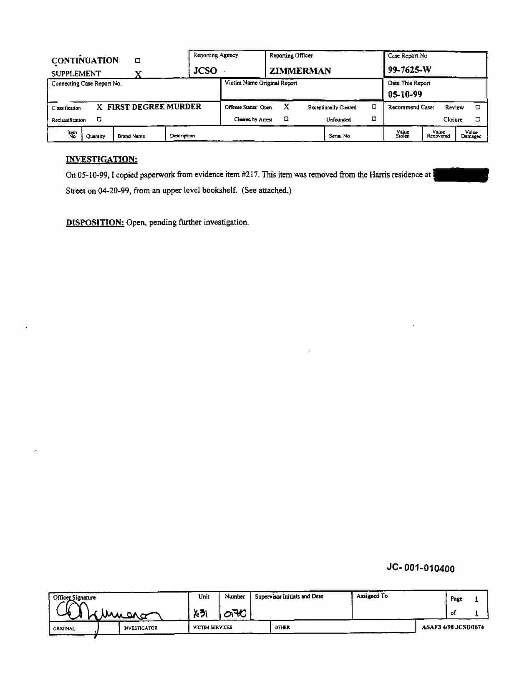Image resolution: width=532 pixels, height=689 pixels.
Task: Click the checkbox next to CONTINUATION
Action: click(x=138, y=61)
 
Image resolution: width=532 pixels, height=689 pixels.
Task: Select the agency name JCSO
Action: click(x=205, y=71)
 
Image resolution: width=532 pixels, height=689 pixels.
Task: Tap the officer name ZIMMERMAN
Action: click(x=300, y=71)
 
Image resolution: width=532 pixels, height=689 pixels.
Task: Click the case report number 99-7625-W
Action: click(x=409, y=70)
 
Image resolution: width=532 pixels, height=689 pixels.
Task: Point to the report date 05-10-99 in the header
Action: click(x=405, y=94)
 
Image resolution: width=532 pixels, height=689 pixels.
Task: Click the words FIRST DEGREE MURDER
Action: click(x=154, y=107)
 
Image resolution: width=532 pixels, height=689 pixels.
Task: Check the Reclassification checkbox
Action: click(x=99, y=119)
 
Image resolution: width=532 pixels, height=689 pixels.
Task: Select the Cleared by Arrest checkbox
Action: click(x=286, y=119)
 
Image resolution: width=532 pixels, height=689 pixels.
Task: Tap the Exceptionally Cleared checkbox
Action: click(x=374, y=107)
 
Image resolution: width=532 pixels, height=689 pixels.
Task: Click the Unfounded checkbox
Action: click(x=374, y=119)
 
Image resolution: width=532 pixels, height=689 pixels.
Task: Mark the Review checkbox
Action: click(x=477, y=107)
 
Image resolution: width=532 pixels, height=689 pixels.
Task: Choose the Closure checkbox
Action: click(x=477, y=119)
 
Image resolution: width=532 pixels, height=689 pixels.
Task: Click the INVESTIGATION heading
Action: click(x=101, y=160)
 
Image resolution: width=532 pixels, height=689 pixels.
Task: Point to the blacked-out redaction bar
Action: click(x=461, y=175)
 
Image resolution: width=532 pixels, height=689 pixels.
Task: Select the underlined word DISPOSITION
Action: click(x=95, y=223)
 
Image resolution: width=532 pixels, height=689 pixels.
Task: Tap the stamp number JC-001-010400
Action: click(x=420, y=568)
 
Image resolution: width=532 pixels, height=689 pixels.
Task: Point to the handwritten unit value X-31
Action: click(x=201, y=613)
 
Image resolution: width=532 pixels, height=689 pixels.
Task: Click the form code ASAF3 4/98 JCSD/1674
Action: click(x=453, y=627)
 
